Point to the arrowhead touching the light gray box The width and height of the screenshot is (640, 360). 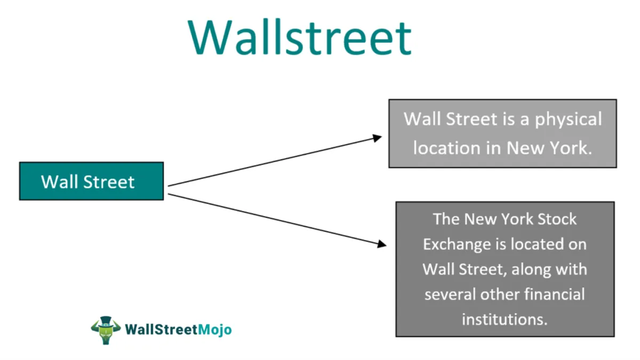coord(378,138)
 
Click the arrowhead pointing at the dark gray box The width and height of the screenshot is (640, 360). coord(381,244)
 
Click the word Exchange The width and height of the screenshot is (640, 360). coord(457,244)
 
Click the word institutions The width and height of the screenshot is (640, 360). coord(505,319)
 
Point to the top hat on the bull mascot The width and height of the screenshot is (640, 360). coord(106,321)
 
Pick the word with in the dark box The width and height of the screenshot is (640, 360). coord(573,269)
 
